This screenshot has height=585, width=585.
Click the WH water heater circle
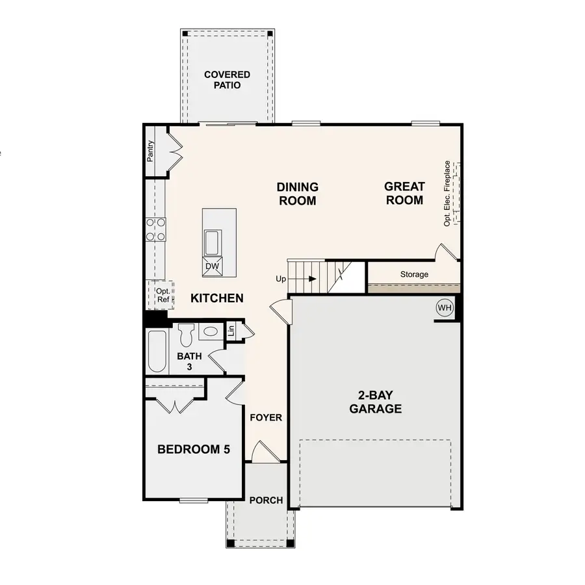(x=445, y=307)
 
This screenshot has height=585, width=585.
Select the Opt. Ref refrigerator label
(x=162, y=295)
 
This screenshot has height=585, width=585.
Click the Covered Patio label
(x=227, y=80)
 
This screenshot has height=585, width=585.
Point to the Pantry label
(x=150, y=151)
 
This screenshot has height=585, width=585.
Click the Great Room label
(x=404, y=193)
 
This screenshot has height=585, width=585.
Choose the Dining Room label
(x=298, y=194)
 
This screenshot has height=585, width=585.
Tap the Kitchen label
(x=217, y=298)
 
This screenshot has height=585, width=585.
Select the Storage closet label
(x=414, y=274)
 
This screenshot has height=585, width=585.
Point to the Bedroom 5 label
(x=194, y=449)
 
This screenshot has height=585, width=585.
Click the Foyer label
(x=266, y=417)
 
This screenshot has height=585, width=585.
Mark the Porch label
(x=266, y=500)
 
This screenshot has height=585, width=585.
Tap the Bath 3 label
(x=190, y=361)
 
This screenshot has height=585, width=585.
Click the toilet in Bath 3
(x=185, y=334)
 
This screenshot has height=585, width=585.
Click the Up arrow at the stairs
(x=313, y=279)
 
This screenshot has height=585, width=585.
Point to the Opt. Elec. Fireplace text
(x=447, y=193)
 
